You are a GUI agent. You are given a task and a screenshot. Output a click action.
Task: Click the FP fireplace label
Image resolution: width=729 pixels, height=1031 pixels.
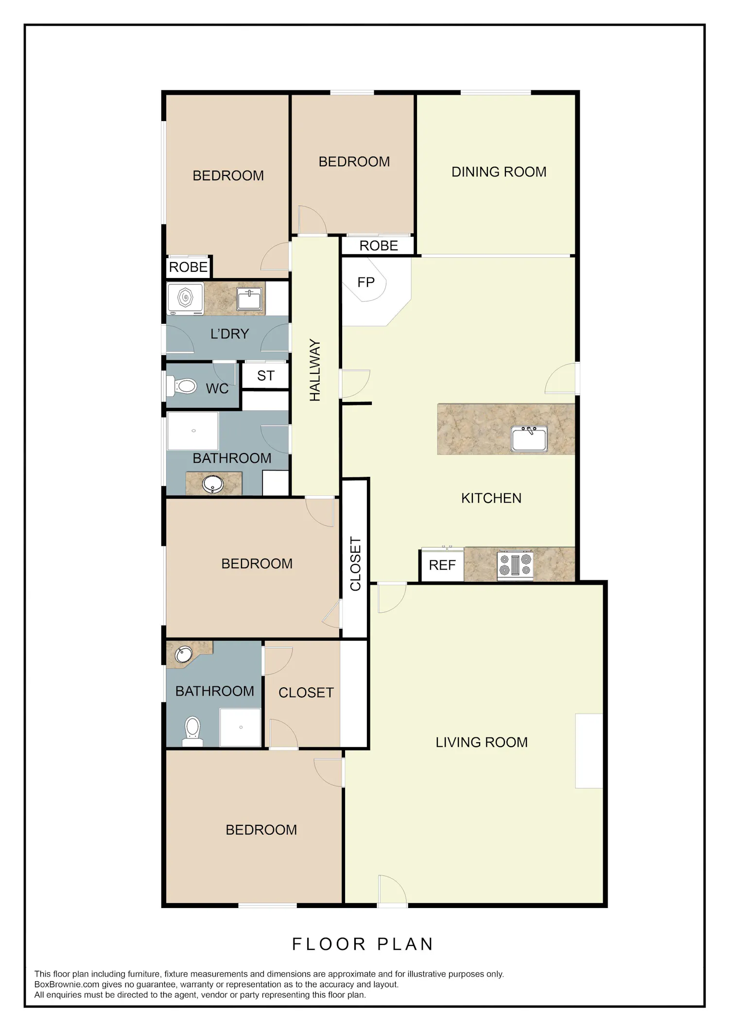(x=366, y=282)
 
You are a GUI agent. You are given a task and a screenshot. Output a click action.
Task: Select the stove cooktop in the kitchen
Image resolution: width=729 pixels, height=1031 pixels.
(x=515, y=565)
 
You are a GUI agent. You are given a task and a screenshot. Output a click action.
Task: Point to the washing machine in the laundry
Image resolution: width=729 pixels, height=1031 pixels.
(x=185, y=298)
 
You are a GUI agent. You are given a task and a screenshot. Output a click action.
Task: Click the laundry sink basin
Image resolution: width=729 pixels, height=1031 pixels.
(x=250, y=298)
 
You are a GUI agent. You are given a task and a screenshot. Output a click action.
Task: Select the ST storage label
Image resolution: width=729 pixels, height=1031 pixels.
(x=266, y=376)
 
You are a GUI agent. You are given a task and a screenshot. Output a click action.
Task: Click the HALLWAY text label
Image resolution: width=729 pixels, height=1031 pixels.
(x=315, y=370)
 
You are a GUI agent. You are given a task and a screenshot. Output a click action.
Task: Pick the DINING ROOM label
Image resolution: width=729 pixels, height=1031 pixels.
(x=499, y=172)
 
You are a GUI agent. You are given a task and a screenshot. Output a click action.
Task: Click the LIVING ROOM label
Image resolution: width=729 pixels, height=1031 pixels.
(x=481, y=742)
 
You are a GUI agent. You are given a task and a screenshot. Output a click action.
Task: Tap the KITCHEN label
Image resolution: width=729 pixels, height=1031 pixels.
(x=491, y=498)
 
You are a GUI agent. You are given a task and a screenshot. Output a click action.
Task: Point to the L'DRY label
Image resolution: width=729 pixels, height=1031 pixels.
(x=229, y=334)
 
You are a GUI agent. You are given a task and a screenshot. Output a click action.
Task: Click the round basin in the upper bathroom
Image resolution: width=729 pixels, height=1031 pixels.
(x=213, y=484)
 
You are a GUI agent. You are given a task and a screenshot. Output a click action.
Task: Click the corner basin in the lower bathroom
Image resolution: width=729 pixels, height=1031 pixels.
(x=184, y=654)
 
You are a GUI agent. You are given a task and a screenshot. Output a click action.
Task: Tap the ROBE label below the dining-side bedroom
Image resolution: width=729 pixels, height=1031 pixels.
(x=379, y=246)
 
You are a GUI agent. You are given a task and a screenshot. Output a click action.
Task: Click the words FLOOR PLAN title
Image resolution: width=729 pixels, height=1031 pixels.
(x=363, y=944)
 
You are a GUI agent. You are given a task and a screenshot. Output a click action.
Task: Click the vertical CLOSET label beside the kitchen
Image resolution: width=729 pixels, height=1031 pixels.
(x=355, y=564)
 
